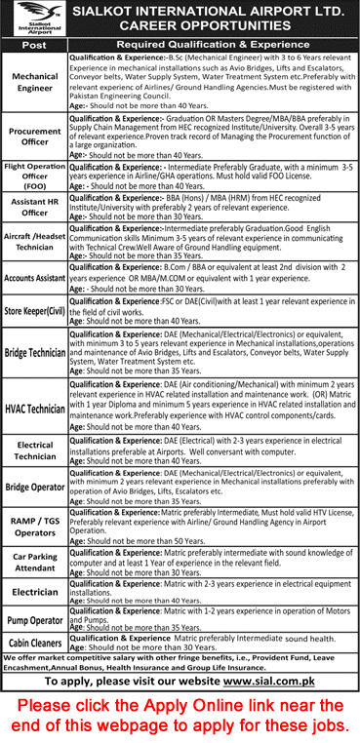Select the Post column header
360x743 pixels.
click(x=34, y=45)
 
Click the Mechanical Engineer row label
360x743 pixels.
click(x=34, y=83)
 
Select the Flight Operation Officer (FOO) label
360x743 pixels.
click(x=34, y=176)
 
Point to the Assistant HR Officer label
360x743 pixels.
click(x=34, y=208)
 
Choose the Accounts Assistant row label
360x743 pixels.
click(x=34, y=276)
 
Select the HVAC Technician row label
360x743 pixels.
click(x=34, y=408)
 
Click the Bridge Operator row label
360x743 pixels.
click(x=34, y=487)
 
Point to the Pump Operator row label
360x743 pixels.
click(x=34, y=619)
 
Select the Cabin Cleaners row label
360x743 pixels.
click(x=34, y=642)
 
